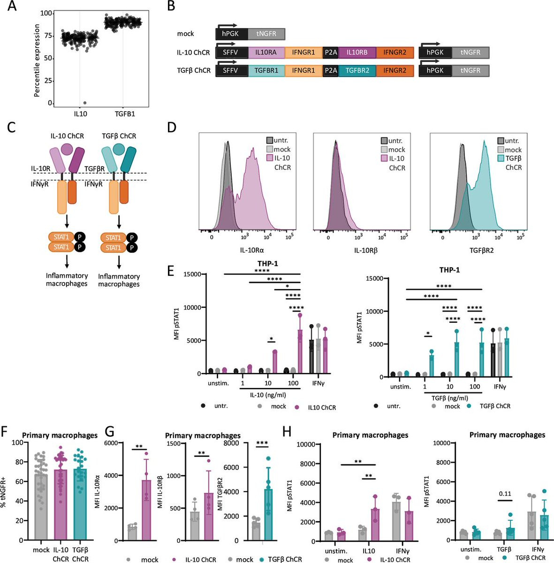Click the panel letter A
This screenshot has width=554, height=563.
[11, 7]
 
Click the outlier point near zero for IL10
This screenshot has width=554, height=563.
[84, 103]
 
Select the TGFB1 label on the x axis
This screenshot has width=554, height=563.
[123, 114]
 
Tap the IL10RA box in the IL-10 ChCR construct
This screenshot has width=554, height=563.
[266, 53]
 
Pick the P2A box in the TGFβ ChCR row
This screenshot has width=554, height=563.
[331, 70]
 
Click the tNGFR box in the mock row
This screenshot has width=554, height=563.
[266, 34]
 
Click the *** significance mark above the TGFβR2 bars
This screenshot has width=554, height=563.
[262, 444]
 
